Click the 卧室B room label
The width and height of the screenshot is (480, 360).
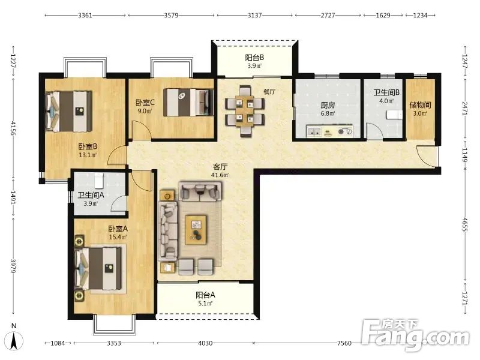click(x=88, y=146)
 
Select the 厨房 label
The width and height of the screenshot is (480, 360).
click(x=328, y=106)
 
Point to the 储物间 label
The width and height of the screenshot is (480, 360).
click(x=421, y=106)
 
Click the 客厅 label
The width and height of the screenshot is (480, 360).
click(x=220, y=167)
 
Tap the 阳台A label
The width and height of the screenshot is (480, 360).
click(x=205, y=295)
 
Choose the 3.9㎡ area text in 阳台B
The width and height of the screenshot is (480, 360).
click(x=254, y=66)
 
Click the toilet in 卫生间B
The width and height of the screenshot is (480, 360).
click(x=394, y=115)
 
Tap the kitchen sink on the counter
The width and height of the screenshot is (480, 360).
click(x=314, y=133)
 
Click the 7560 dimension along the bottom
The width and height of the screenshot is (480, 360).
click(x=344, y=343)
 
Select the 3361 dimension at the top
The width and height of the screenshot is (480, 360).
click(x=85, y=16)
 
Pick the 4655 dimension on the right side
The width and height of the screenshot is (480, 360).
click(x=465, y=225)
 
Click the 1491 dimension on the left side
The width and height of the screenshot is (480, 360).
click(x=13, y=198)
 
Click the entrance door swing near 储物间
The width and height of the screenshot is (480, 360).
click(x=425, y=157)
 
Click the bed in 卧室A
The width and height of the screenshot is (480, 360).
click(x=100, y=269)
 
